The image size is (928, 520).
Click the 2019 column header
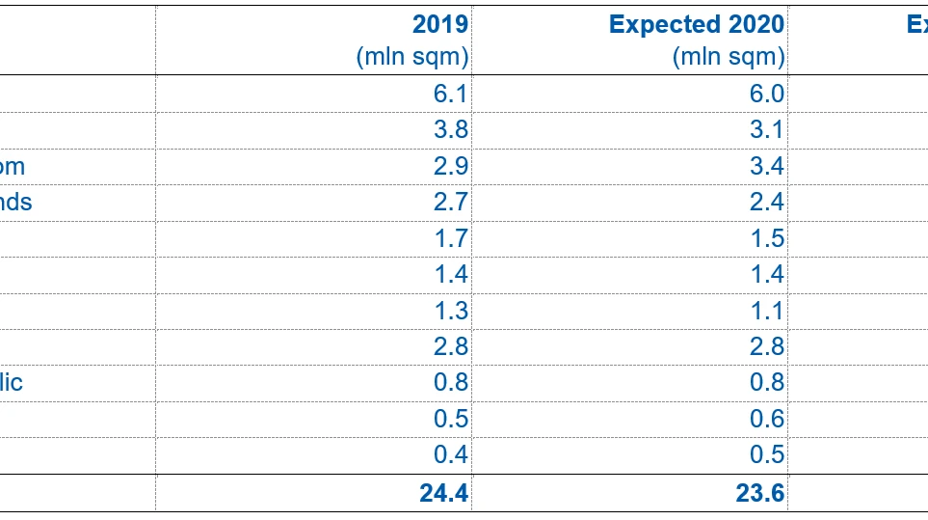[x=440, y=24]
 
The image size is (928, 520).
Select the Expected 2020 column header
[x=696, y=24]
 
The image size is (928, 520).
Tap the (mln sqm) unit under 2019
[x=412, y=57]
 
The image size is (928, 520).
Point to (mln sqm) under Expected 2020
[x=729, y=57]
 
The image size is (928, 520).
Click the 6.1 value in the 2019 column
[x=451, y=94]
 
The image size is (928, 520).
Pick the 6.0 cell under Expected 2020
[x=767, y=94]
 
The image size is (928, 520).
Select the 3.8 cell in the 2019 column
[x=451, y=130]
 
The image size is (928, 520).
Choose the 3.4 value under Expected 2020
[x=767, y=166]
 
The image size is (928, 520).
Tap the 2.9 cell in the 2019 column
[x=451, y=166]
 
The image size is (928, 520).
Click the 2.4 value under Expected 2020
[x=767, y=203]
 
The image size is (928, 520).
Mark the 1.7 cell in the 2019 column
[x=451, y=238]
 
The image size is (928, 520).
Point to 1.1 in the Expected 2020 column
[x=767, y=311]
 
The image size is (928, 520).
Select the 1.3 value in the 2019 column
[x=451, y=311]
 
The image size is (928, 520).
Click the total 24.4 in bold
[x=444, y=493]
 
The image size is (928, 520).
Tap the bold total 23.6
[x=760, y=493]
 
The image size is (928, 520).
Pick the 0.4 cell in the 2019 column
[x=451, y=454]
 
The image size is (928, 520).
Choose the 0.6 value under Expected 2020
[x=767, y=419]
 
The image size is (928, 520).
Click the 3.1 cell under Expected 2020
[x=767, y=130]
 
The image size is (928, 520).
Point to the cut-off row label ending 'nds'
[x=16, y=203]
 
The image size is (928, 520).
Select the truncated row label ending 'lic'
[x=12, y=382]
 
